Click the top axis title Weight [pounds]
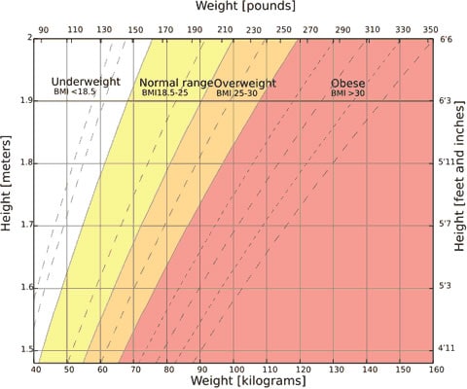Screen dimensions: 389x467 pyautogui.click(x=233, y=8)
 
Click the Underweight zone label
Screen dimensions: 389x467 pyautogui.click(x=86, y=82)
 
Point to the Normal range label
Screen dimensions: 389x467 pyautogui.click(x=176, y=83)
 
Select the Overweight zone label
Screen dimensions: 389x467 pyautogui.click(x=244, y=83)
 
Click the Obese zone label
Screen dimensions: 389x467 pyautogui.click(x=348, y=83)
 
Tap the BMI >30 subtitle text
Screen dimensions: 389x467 pyautogui.click(x=348, y=93)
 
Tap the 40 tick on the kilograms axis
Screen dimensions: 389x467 pyautogui.click(x=37, y=370)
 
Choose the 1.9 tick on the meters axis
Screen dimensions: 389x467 pyautogui.click(x=26, y=100)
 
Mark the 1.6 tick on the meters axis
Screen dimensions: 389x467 pyautogui.click(x=26, y=287)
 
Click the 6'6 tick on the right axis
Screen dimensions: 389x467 pyautogui.click(x=448, y=39)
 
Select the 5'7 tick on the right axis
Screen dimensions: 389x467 pyautogui.click(x=448, y=225)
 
